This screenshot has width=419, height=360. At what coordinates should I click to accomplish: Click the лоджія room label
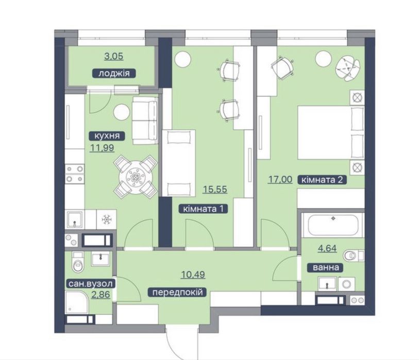[x=114, y=73]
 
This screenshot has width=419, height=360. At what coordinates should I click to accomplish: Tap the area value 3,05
[x=114, y=56]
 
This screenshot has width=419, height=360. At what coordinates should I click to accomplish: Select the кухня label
[x=107, y=136]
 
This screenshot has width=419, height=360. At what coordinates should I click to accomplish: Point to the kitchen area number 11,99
[x=102, y=148]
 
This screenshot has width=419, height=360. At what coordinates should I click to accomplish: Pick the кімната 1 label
[x=203, y=209]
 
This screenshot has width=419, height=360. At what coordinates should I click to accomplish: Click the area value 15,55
[x=215, y=190]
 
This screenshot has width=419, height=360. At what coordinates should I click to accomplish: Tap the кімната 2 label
[x=322, y=180]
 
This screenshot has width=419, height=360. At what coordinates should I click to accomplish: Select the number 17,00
[x=280, y=179]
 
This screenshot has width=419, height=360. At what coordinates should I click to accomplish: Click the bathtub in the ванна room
[x=333, y=225]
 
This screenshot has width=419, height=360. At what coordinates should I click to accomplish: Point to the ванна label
[x=326, y=267]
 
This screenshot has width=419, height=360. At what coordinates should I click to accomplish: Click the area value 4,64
[x=327, y=248]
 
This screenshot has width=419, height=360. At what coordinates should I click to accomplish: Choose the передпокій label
[x=177, y=293]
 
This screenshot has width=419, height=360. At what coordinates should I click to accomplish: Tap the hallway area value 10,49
[x=193, y=275]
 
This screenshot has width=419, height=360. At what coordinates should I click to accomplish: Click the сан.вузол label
[x=91, y=284]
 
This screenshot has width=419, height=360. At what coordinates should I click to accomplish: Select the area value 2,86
[x=100, y=295]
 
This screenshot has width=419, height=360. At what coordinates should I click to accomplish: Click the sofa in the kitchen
[x=145, y=121]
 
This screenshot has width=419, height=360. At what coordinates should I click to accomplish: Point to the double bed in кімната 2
[x=331, y=133]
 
